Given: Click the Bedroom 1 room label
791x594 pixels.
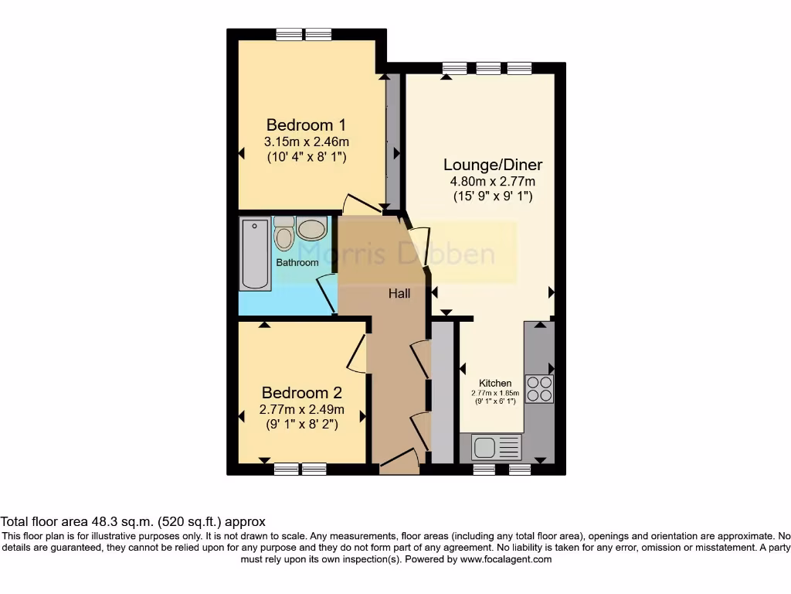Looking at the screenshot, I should point(306,125).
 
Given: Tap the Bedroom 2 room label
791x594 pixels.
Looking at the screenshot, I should point(301,392).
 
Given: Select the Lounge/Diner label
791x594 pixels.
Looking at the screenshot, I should point(492,165).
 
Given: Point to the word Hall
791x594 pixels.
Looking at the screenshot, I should point(399,294).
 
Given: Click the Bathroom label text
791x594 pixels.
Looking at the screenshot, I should point(297,262).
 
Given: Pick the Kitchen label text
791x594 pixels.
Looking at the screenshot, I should point(495,383).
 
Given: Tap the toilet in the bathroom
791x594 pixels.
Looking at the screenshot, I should point(284,233).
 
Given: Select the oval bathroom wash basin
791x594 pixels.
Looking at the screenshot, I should point(311,229).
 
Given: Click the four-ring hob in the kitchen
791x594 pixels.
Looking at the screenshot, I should point(538,388).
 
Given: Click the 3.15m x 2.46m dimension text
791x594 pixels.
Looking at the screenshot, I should point(306,142).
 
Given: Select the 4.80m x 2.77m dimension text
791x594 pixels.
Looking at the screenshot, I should point(492,182).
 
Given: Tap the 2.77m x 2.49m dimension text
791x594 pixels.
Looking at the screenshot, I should point(301,409).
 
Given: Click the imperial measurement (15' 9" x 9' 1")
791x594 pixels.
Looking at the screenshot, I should point(492,196).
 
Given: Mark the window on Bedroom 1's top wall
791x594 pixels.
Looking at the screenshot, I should point(304,33).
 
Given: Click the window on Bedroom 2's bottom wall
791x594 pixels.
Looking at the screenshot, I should point(300,469).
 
